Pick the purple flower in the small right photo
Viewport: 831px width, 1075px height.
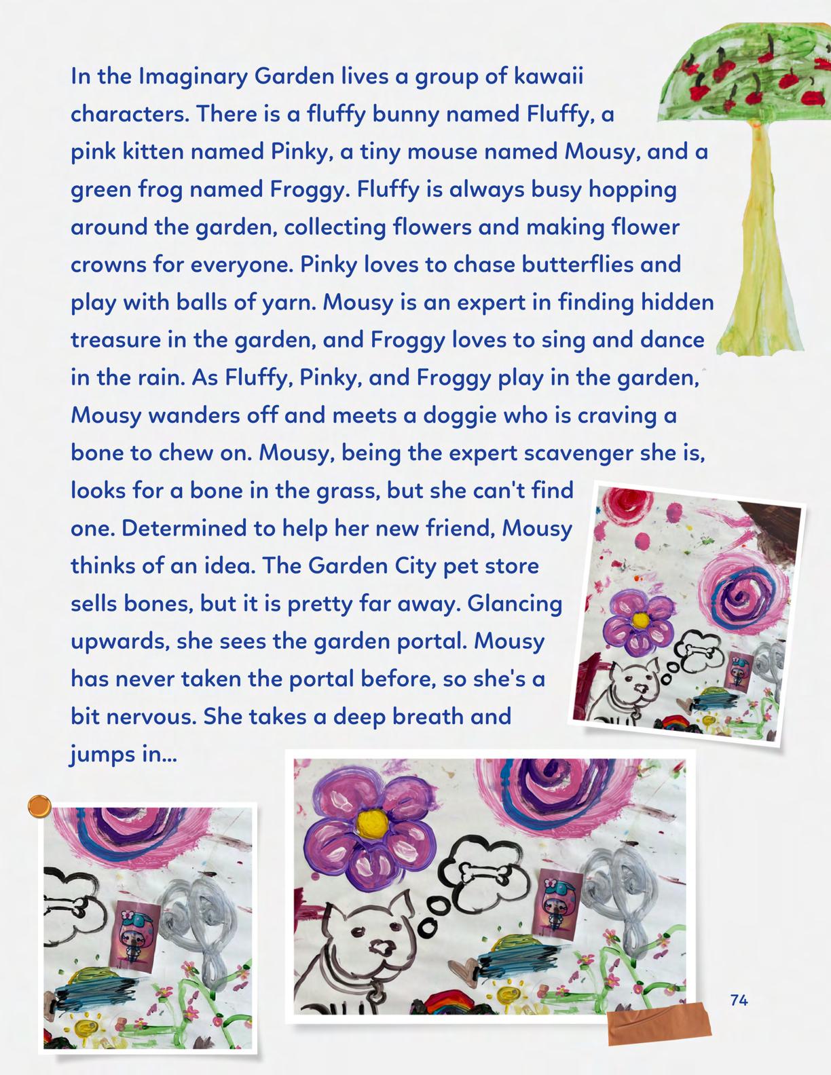point(638,622)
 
